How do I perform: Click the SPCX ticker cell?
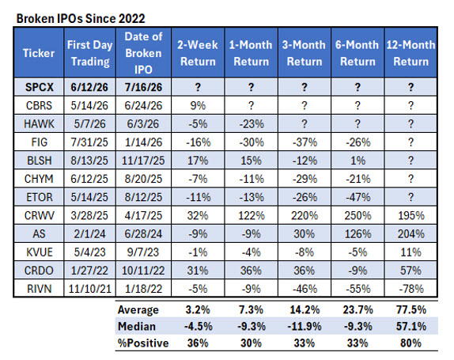[x=39, y=87]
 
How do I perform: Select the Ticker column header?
[x=39, y=53]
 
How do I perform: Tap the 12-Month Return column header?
[x=410, y=53]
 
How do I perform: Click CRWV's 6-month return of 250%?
[x=358, y=215]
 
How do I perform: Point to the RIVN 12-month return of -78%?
[x=410, y=289]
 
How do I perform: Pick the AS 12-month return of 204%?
[x=410, y=233]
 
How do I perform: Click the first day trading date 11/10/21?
[x=89, y=289]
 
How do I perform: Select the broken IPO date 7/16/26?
[x=143, y=87]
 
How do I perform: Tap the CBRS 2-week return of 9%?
[x=198, y=105]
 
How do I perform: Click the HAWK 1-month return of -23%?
[x=252, y=124]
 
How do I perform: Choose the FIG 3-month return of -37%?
[x=305, y=142]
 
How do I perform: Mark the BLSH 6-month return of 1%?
[x=358, y=161]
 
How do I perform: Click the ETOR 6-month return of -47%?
[x=358, y=197]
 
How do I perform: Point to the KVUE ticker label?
[x=40, y=252]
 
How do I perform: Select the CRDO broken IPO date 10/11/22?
[x=143, y=271]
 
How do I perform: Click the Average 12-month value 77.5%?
[x=411, y=310]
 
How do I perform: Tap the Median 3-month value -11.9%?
[x=305, y=327]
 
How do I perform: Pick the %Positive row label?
[x=143, y=343]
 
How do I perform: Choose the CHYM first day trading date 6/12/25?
[x=89, y=179]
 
